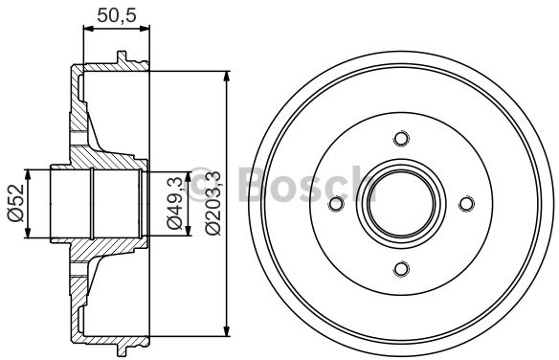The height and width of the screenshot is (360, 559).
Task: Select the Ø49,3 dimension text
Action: tap(173, 203)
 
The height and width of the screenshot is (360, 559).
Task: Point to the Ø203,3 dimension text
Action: tap(212, 203)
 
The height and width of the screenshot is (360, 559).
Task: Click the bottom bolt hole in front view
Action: tap(401, 267)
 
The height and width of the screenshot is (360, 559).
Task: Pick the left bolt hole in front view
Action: tap(336, 204)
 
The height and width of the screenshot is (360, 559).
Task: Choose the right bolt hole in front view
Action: tap(466, 204)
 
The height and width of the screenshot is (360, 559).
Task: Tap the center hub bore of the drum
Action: tap(401, 204)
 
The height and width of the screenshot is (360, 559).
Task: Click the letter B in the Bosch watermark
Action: tap(251, 182)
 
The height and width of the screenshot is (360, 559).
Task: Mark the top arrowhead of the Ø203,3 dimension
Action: tap(227, 72)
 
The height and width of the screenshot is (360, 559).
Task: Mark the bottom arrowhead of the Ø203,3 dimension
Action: tap(227, 337)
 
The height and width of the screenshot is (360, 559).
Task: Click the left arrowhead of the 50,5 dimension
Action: tap(87, 30)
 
